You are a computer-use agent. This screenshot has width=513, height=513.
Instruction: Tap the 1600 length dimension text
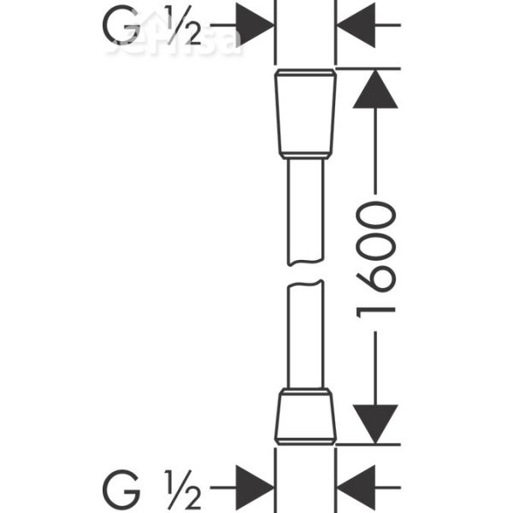click(x=376, y=257)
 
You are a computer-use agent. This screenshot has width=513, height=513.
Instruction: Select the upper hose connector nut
click(x=305, y=114)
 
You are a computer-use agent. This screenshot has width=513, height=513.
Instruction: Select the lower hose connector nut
click(x=305, y=416)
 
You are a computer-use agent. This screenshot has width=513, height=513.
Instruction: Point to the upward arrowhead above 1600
click(x=376, y=90)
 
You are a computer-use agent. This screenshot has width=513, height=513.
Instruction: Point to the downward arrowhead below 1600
click(x=376, y=424)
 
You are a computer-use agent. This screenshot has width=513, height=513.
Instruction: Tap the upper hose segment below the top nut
click(x=305, y=209)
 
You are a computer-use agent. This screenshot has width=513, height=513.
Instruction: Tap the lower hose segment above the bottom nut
click(x=305, y=338)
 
